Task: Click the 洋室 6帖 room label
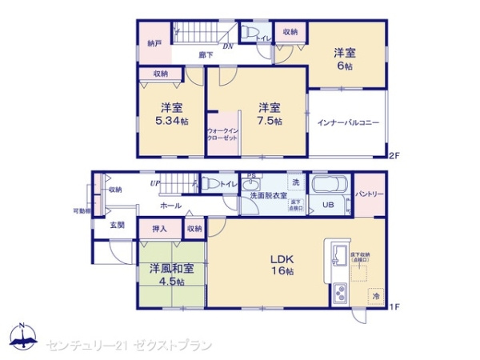click(x=345, y=60)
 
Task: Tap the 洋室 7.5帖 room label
click(x=268, y=114)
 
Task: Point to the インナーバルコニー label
click(x=348, y=123)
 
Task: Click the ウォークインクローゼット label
click(x=222, y=134)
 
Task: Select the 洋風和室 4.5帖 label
click(x=170, y=274)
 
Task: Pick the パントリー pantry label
click(x=369, y=194)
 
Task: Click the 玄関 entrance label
click(x=117, y=225)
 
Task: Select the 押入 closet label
click(x=159, y=229)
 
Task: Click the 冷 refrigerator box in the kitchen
click(x=375, y=296)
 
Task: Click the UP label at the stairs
click(x=154, y=184)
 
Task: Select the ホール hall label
click(x=170, y=206)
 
